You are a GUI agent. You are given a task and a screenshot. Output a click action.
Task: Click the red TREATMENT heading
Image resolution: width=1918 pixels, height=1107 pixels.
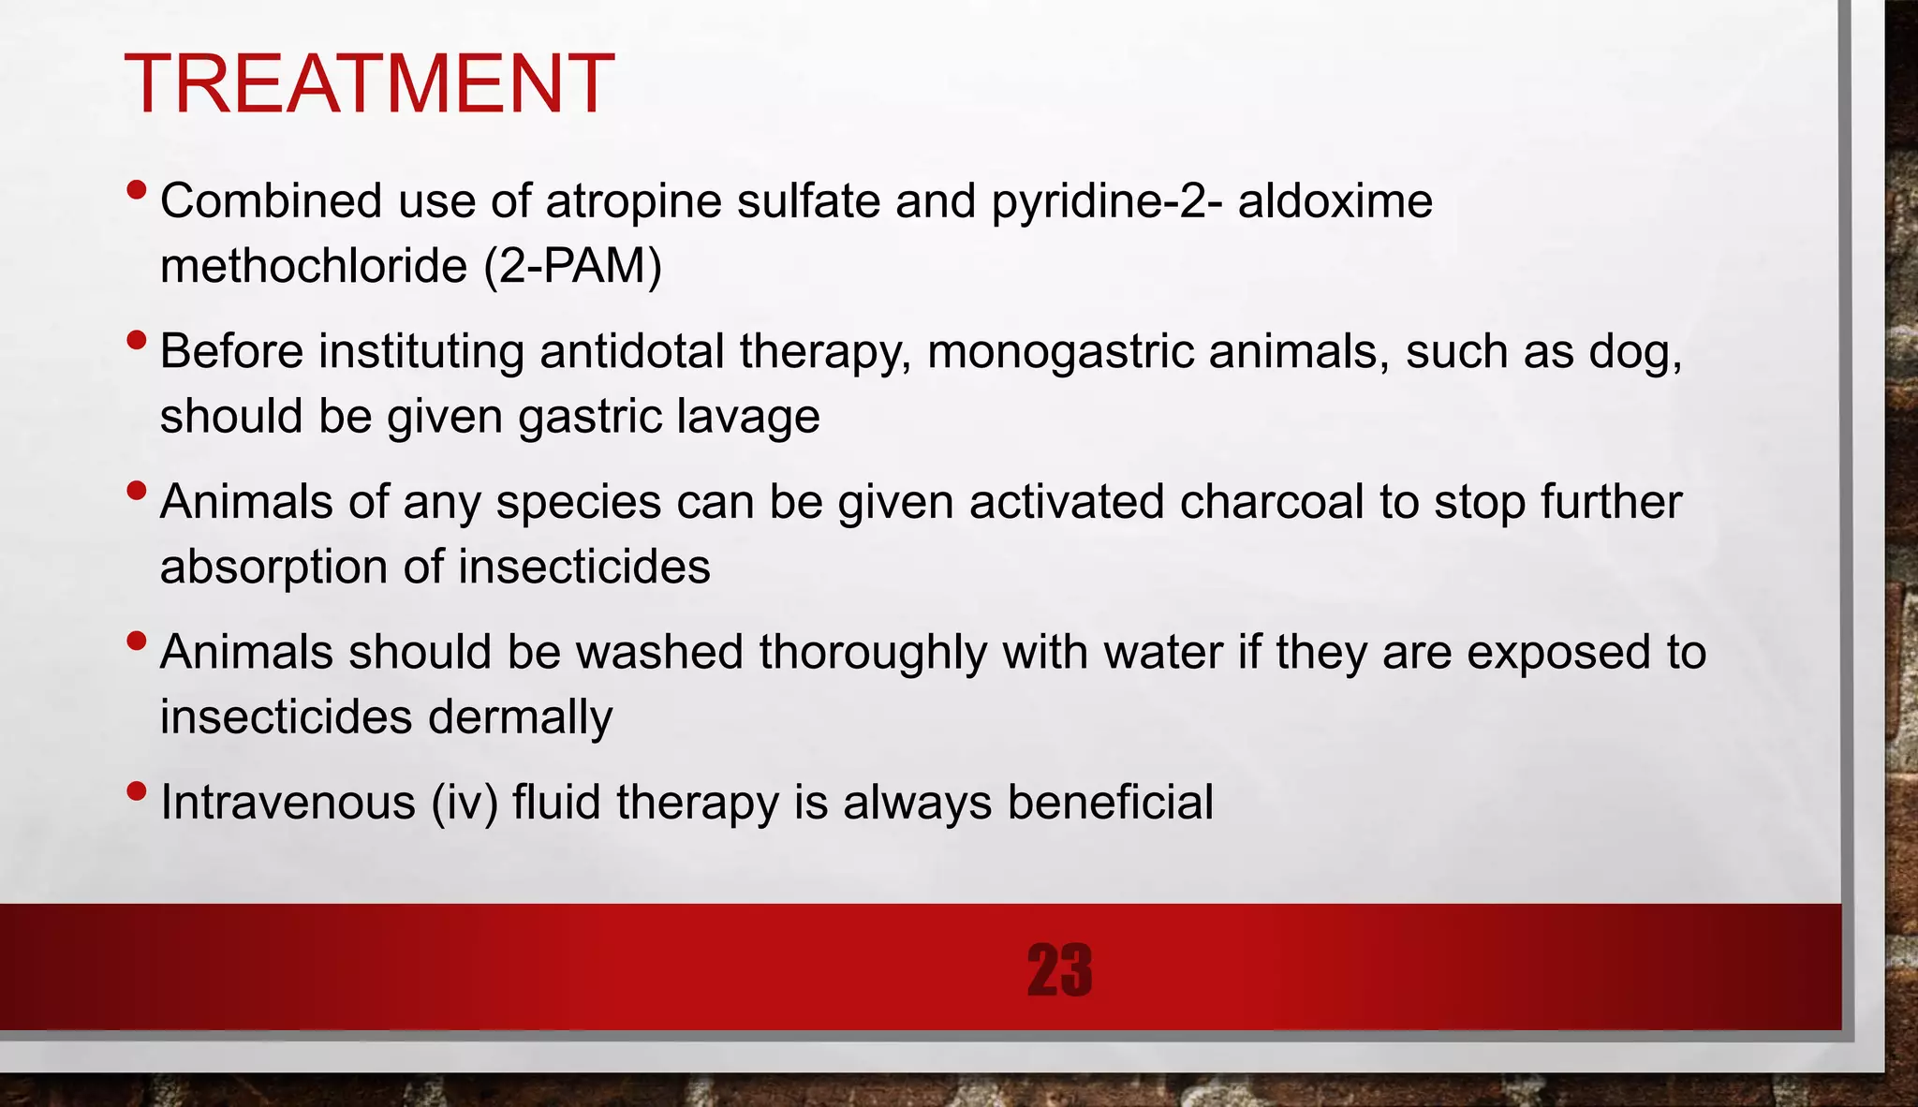click(x=368, y=84)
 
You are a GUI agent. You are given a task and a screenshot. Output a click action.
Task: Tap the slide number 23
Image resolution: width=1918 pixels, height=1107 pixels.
click(x=1059, y=969)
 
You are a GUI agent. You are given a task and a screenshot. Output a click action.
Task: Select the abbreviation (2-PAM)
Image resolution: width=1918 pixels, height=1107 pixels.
click(x=573, y=266)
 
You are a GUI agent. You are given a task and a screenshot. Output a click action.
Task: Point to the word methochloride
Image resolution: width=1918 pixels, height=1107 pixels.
click(x=314, y=266)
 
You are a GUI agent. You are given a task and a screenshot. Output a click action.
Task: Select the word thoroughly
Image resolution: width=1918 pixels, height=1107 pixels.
click(x=873, y=652)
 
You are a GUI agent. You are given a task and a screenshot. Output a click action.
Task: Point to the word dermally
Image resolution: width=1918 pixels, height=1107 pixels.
click(x=520, y=717)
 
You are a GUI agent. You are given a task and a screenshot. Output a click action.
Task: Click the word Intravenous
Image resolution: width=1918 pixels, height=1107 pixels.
click(x=288, y=803)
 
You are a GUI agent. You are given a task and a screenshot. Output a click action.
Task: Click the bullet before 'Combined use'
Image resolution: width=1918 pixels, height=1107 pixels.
click(x=136, y=190)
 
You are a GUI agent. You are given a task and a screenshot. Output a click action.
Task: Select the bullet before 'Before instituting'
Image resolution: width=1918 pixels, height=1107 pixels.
click(x=136, y=341)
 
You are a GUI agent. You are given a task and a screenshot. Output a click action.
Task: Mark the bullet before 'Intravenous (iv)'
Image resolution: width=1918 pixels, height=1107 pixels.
click(x=136, y=791)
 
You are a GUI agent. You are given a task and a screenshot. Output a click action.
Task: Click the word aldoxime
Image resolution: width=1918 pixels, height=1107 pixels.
click(x=1335, y=200)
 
